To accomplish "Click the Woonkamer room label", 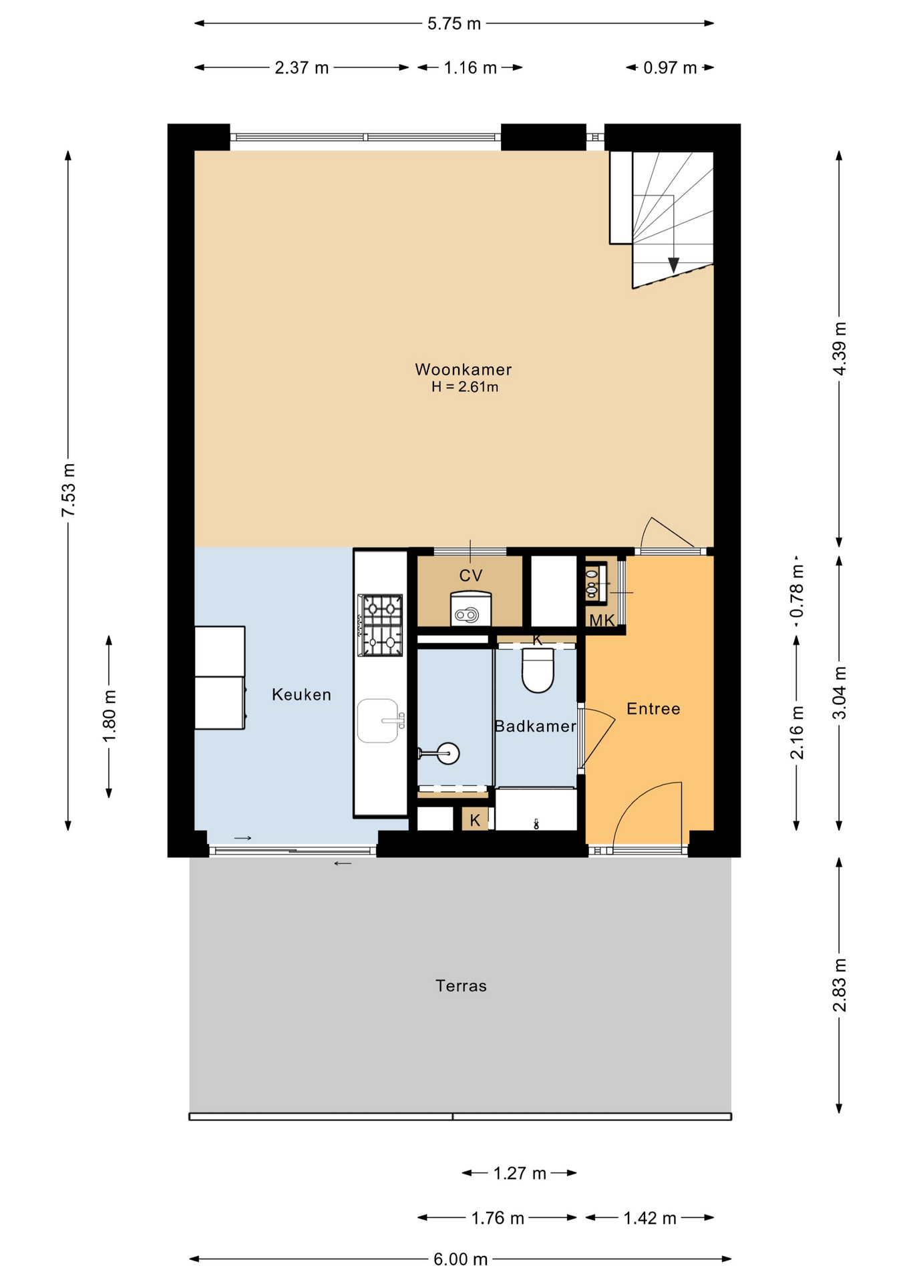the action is coord(463,369).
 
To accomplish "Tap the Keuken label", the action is coord(301,694).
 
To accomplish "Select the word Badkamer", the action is coord(535,726).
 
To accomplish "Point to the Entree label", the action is coord(653,708).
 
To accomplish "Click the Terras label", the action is coord(461,986).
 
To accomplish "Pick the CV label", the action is coord(471,576).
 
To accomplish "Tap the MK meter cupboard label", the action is coord(601,621).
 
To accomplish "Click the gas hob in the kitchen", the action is coord(381,625).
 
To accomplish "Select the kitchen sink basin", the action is coord(378,720).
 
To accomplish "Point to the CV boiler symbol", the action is coord(471,608).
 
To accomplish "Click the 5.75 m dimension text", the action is coord(454,24).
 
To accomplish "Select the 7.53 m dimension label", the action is coord(69,489).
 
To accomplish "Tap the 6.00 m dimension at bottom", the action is coord(460,1259).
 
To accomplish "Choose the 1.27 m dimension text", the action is coord(520,1173).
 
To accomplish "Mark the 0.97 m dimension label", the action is coord(670,68).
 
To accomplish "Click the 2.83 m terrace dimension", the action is coord(840,985).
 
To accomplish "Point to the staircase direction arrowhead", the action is coord(673,265).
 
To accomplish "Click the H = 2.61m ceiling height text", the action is coord(465,387).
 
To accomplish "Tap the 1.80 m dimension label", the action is coord(110,716).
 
